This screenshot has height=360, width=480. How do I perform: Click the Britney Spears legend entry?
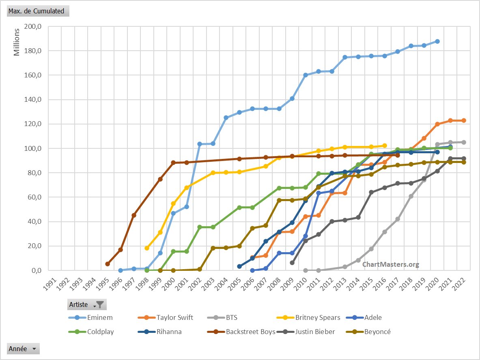(318, 317)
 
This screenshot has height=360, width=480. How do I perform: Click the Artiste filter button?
(87, 304)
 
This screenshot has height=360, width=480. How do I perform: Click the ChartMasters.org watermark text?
(390, 264)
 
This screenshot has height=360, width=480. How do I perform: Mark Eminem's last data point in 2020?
(437, 41)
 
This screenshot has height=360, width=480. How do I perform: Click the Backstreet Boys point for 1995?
(108, 264)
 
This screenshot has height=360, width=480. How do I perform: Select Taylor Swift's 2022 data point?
(464, 120)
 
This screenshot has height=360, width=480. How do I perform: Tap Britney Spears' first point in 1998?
(147, 248)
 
